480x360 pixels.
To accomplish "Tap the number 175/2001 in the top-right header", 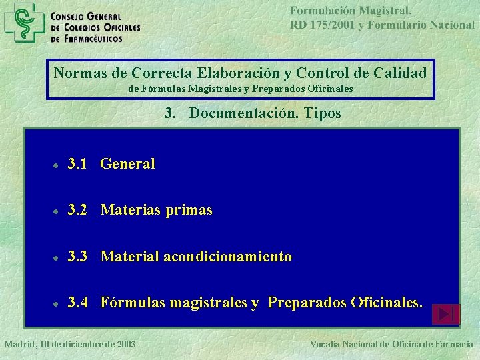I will pyautogui.click(x=331, y=25).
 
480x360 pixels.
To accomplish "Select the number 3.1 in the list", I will pyautogui.click(x=77, y=164).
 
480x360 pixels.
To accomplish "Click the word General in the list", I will pyautogui.click(x=127, y=164).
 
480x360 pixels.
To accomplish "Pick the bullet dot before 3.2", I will pyautogui.click(x=59, y=211).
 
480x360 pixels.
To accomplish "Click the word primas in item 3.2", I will pyautogui.click(x=189, y=211).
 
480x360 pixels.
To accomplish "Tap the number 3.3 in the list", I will pyautogui.click(x=77, y=257).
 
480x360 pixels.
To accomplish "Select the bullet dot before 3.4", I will pyautogui.click(x=59, y=304).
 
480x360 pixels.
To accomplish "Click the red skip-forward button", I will pyautogui.click(x=446, y=314).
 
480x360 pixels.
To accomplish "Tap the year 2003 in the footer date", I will pyautogui.click(x=124, y=344).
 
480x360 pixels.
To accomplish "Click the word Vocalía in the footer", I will pyautogui.click(x=326, y=344).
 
